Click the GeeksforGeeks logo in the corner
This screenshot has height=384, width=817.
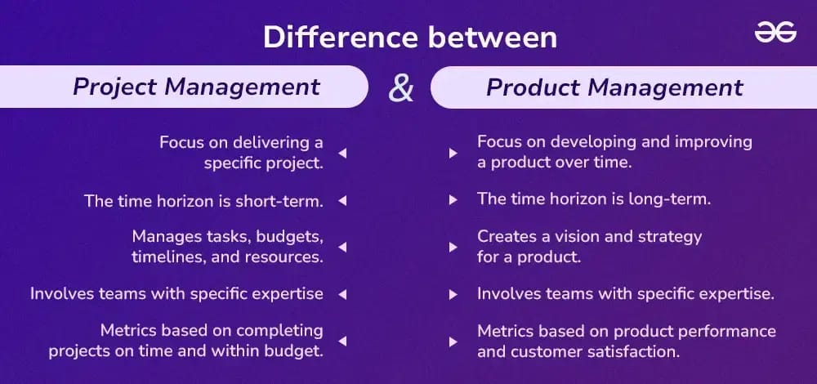click(775, 33)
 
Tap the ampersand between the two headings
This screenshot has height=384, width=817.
click(400, 88)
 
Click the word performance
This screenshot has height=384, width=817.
click(730, 332)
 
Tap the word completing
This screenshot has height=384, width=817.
click(279, 332)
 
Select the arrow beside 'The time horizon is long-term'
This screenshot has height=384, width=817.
click(453, 199)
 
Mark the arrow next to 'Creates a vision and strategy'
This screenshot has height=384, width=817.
click(453, 247)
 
